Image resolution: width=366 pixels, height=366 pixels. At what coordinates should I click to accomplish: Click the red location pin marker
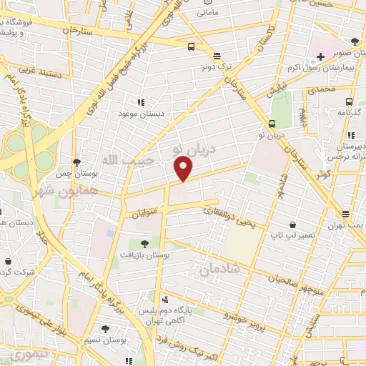click(x=184, y=169)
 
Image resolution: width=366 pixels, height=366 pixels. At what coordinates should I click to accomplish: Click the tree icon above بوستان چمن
click(x=76, y=163)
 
